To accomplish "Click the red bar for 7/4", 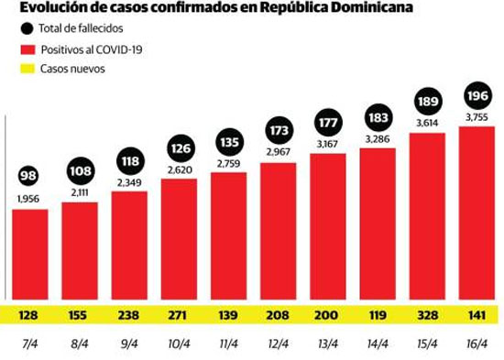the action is point(30,255).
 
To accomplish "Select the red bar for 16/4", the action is point(477,213).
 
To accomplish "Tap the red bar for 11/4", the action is point(228,236).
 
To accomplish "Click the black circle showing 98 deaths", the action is point(28,176).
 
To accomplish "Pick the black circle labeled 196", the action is point(477,95).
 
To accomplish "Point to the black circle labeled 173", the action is point(279,130).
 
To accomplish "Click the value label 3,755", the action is point(477,117).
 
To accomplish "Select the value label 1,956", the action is point(28,199).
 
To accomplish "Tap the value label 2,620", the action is point(180,169).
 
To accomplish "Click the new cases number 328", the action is point(427,315).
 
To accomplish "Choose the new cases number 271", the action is point(178,315).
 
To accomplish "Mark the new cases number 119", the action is point(378,315).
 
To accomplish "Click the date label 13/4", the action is point(327,344).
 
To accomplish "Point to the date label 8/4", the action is point(79,344).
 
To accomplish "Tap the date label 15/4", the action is point(427,344).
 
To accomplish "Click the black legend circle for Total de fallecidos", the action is point(27,28).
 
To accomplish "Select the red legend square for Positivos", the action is point(27,49).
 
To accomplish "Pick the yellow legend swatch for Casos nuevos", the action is point(27,69).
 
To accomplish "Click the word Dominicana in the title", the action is point(371,7).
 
